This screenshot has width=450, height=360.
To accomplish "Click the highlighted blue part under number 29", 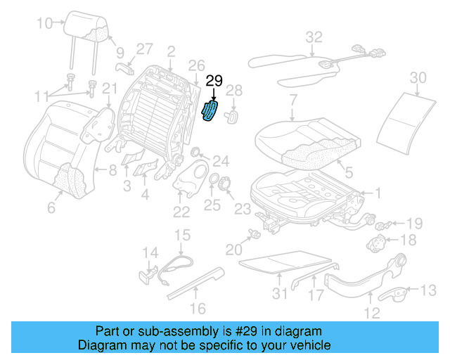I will tap(210, 111).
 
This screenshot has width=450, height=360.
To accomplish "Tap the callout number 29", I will tap(214, 82).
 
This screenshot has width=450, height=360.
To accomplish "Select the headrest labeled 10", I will tap(89, 27).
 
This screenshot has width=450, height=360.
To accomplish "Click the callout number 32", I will tap(314, 37).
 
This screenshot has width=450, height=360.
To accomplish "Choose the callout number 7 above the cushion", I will tap(293, 100).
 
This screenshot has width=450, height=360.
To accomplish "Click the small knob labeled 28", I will tap(232, 117).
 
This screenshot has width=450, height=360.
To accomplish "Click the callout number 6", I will tap(50, 208).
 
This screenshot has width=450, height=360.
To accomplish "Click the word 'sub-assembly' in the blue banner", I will tap(184, 331).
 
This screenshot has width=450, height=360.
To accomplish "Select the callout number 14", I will tap(151, 252).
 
